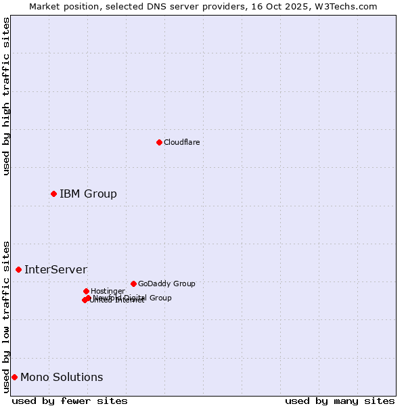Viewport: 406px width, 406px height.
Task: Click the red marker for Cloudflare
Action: tap(159, 142)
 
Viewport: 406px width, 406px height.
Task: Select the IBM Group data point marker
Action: tap(53, 194)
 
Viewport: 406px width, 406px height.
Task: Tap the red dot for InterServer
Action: tap(18, 269)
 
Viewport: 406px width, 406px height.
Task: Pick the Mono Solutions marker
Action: tap(14, 377)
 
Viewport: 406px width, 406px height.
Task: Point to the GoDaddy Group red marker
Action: tap(133, 284)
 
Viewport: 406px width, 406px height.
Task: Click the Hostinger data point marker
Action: tap(86, 291)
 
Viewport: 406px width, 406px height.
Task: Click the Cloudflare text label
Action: tap(181, 142)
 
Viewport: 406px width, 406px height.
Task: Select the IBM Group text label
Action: tap(88, 194)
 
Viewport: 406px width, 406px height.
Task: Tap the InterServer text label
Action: tap(55, 270)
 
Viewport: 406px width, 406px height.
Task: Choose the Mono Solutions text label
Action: tap(62, 378)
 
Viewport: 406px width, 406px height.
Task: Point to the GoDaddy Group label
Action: tap(166, 284)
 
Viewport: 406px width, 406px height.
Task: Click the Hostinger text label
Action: tap(108, 291)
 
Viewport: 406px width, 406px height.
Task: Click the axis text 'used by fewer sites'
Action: tap(70, 401)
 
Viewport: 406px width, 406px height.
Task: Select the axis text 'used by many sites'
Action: tap(340, 401)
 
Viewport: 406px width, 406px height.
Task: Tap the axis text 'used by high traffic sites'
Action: tap(7, 96)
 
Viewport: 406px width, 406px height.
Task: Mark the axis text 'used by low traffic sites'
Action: tap(7, 317)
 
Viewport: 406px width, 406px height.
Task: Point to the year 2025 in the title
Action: tap(303, 6)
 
